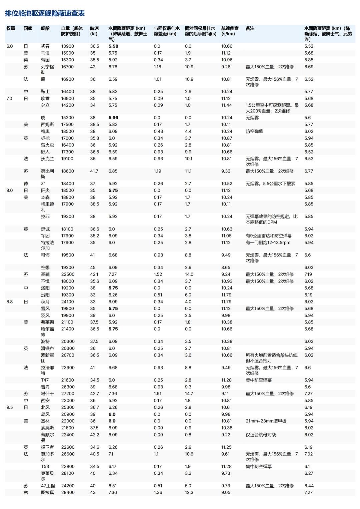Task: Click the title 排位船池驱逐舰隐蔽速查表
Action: [x=45, y=13]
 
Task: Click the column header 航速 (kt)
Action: [x=94, y=31]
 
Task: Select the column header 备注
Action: [x=250, y=28]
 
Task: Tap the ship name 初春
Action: [x=45, y=46]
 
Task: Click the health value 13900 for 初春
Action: [x=68, y=46]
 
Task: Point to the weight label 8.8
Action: [x=10, y=302]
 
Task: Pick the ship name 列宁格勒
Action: [x=47, y=69]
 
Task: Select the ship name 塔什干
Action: [x=47, y=394]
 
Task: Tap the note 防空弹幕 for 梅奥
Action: [x=254, y=132]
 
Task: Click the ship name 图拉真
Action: [x=47, y=492]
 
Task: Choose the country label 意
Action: [x=26, y=492]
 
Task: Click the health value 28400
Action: [x=68, y=492]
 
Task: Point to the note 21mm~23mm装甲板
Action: [x=266, y=421]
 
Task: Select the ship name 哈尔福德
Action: [x=47, y=331]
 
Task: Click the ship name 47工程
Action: [x=48, y=486]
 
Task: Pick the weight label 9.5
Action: [x=10, y=407]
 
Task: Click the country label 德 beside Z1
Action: [x=26, y=184]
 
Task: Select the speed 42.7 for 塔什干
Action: [x=95, y=394]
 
